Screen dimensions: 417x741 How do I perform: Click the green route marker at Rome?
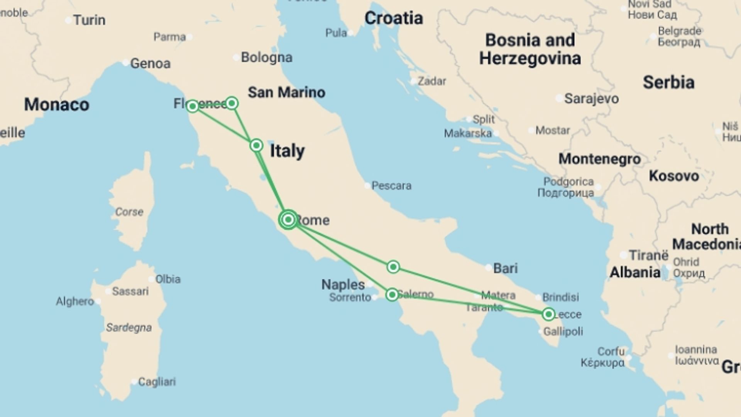[288, 220]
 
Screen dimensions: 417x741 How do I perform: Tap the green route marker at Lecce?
[548, 314]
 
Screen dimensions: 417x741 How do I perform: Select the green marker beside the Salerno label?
[392, 295]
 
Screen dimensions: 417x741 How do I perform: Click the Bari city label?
[505, 268]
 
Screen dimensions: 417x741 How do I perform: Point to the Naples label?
[343, 285]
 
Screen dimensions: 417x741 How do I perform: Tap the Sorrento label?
[350, 297]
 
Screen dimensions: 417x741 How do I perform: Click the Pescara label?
[391, 186]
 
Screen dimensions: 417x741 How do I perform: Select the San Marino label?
[286, 92]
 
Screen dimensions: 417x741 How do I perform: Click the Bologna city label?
[266, 58]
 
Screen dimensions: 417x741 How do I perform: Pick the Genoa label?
[150, 63]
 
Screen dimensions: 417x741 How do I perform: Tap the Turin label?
[89, 20]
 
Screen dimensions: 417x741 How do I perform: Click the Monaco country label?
[56, 105]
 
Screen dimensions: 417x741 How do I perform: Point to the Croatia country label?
[393, 18]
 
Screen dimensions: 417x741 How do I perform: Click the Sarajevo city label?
[591, 98]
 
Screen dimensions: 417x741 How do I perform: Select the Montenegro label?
[599, 159]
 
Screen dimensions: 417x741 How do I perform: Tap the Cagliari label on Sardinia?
[157, 381]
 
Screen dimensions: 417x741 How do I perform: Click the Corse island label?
[129, 212]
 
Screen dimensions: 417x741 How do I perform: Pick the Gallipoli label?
[563, 331]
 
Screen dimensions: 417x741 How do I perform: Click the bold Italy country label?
[287, 151]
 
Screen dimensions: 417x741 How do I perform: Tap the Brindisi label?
[560, 297]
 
